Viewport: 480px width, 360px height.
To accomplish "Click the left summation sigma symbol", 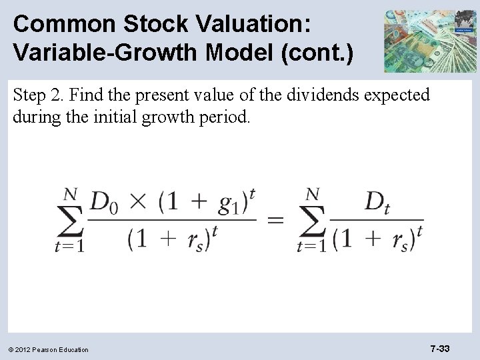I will tap(71, 220).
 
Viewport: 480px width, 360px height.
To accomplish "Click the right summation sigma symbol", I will tap(313, 220).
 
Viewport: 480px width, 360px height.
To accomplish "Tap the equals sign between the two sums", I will tap(275, 220).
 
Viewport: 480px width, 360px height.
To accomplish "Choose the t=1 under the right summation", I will tap(312, 247).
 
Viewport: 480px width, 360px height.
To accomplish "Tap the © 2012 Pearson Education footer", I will tap(50, 349).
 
